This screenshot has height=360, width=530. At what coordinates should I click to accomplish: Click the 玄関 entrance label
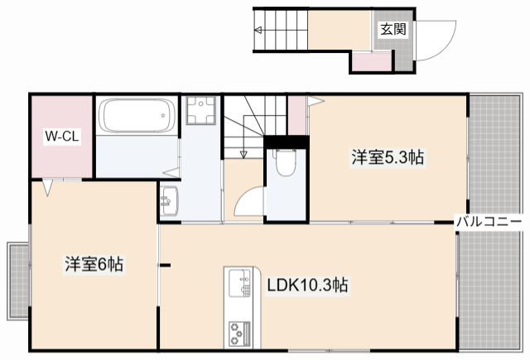tap(393, 29)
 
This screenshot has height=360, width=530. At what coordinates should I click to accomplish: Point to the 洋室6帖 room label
tap(94, 265)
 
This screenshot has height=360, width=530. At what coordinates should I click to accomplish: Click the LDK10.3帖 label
tap(306, 286)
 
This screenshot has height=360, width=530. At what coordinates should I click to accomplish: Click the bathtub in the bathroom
tap(138, 116)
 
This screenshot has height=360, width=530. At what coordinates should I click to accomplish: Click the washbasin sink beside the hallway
tap(168, 201)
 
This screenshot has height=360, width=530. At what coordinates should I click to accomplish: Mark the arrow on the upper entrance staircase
tap(258, 32)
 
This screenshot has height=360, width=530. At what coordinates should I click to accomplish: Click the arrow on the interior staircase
tap(243, 151)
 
